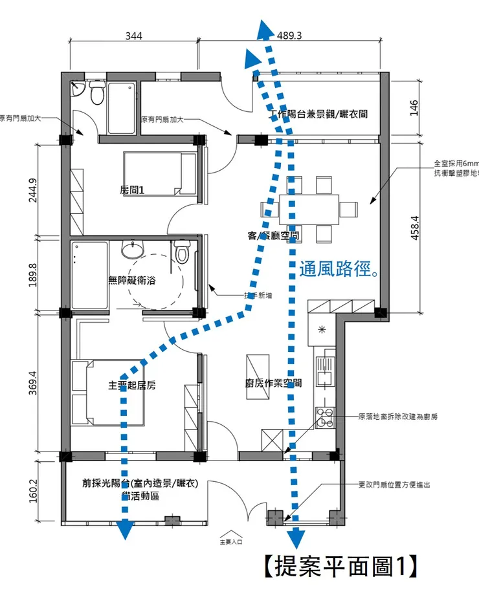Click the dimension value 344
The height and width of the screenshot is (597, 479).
(133, 36)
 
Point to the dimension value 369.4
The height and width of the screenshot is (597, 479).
(34, 382)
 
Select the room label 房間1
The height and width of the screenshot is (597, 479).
(133, 190)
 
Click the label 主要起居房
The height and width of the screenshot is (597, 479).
(131, 385)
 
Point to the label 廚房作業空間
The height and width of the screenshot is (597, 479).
(273, 383)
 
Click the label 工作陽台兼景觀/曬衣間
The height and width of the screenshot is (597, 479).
(318, 114)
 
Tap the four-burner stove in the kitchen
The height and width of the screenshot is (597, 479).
(324, 414)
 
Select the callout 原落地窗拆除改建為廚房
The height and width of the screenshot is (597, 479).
(397, 417)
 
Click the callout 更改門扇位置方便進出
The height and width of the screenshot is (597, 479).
(394, 484)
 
